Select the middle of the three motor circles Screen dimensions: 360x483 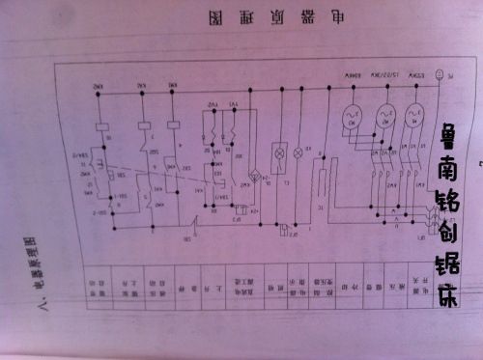click(384, 116)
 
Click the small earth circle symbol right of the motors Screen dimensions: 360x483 click(440, 74)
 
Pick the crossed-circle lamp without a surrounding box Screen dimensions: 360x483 click(297, 153)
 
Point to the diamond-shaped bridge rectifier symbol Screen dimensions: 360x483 click(255, 179)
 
